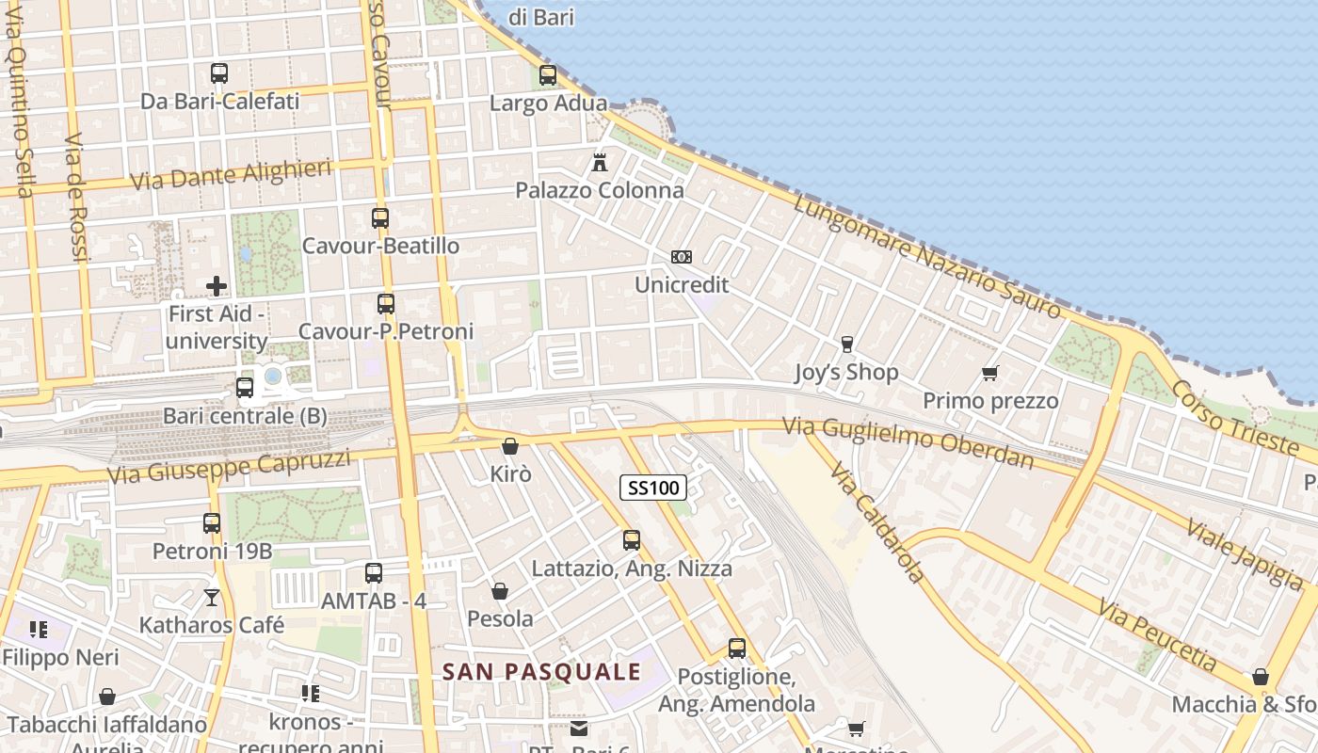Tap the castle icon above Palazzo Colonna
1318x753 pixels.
[600, 162]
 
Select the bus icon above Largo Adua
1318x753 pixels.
[547, 75]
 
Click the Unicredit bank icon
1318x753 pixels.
[682, 257]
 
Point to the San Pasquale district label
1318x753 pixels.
[542, 672]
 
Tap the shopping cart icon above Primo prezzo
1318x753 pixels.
[989, 374]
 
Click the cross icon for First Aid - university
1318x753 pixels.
[217, 286]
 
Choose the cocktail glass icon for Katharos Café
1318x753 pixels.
[212, 598]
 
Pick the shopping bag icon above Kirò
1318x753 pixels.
[510, 446]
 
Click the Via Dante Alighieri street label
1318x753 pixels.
[232, 174]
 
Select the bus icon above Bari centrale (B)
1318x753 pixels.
[245, 387]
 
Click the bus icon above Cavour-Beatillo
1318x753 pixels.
[380, 218]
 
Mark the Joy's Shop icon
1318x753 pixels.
[846, 344]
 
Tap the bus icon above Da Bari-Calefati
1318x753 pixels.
[219, 73]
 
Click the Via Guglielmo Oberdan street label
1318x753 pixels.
[908, 441]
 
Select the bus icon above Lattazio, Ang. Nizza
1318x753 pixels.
[632, 540]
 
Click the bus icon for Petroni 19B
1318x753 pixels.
[212, 523]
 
